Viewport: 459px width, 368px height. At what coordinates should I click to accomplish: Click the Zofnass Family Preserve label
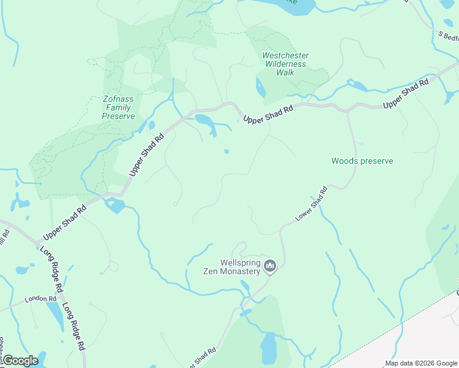pyautogui.click(x=118, y=107)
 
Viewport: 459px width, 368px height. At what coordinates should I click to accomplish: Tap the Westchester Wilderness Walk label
pyautogui.click(x=285, y=64)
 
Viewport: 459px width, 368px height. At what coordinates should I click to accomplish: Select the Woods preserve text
pyautogui.click(x=362, y=161)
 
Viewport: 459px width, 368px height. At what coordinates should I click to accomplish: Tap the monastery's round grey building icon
pyautogui.click(x=271, y=266)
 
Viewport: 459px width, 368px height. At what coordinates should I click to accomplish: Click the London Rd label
pyautogui.click(x=36, y=300)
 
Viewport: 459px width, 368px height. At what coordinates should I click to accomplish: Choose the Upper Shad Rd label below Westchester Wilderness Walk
pyautogui.click(x=268, y=113)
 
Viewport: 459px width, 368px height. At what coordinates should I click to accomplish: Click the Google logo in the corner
pyautogui.click(x=20, y=361)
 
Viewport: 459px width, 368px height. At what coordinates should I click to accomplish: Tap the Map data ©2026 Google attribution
pyautogui.click(x=420, y=363)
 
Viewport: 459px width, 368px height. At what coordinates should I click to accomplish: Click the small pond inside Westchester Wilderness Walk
pyautogui.click(x=261, y=88)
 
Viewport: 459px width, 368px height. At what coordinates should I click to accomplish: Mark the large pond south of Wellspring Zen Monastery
pyautogui.click(x=269, y=348)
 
